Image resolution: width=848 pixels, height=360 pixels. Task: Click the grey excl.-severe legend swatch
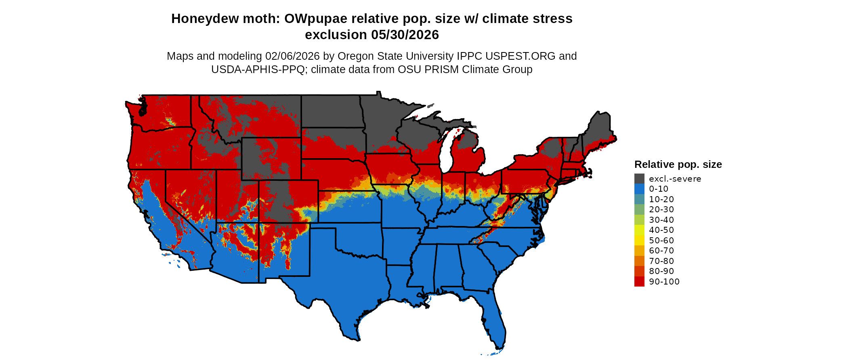[639, 179]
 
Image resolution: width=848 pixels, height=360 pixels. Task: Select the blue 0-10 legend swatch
[639, 189]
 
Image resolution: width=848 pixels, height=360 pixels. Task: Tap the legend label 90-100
[664, 282]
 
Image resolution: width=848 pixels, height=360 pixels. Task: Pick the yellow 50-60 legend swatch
[639, 241]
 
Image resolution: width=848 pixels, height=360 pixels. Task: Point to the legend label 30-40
[661, 220]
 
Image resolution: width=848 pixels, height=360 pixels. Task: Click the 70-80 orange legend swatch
[639, 261]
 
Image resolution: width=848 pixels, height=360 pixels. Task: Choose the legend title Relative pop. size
[678, 165]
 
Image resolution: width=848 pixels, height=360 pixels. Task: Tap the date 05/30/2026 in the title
[405, 35]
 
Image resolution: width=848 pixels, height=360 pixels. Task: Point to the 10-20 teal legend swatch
[639, 199]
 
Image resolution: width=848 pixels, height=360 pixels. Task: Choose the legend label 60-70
[661, 251]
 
